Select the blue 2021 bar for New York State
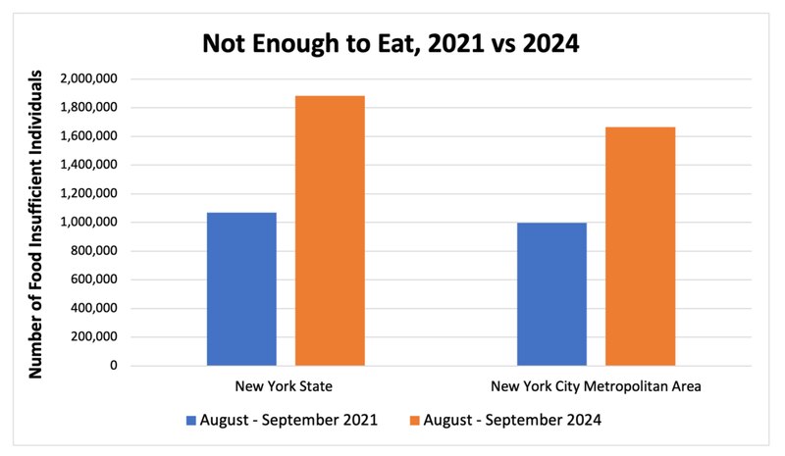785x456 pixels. coord(241,289)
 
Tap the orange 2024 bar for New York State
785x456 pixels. coord(330,231)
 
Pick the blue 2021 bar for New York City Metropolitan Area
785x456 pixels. coord(551,294)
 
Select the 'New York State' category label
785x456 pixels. coord(286,386)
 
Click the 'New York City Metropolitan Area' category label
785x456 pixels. coord(596,386)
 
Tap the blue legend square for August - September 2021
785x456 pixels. coord(191,420)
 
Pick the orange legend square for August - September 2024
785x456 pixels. coord(415,420)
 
